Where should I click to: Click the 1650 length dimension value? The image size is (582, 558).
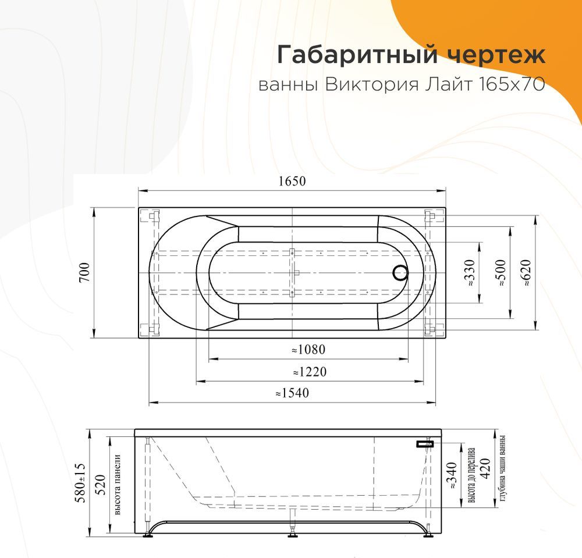(292, 181)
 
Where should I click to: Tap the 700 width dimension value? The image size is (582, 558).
(84, 272)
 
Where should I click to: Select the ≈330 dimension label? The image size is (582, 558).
(470, 273)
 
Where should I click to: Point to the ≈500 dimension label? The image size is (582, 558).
(501, 273)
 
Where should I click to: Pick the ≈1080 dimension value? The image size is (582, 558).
(308, 350)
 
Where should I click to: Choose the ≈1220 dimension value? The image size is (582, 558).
(310, 371)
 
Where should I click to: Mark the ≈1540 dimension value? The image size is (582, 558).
(292, 393)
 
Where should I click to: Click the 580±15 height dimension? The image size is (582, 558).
(80, 483)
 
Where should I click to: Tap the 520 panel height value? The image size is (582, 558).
(101, 485)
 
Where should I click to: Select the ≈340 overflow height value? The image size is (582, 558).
(452, 475)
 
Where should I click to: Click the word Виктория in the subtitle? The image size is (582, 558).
(372, 86)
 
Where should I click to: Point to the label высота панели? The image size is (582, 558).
(118, 485)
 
